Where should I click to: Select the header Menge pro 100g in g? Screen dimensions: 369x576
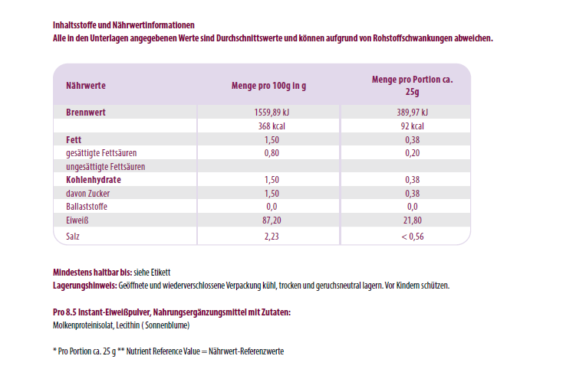click(268, 86)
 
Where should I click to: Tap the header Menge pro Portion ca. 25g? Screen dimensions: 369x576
click(412, 85)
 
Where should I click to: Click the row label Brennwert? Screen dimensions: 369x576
click(85, 113)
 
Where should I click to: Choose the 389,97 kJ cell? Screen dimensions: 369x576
click(412, 113)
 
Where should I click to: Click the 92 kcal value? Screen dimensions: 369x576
click(412, 126)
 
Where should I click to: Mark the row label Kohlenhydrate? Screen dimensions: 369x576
click(94, 180)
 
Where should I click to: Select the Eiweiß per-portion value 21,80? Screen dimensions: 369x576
click(412, 220)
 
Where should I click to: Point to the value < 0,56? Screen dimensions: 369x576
click(412, 237)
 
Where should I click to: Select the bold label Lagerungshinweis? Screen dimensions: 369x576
click(84, 286)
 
